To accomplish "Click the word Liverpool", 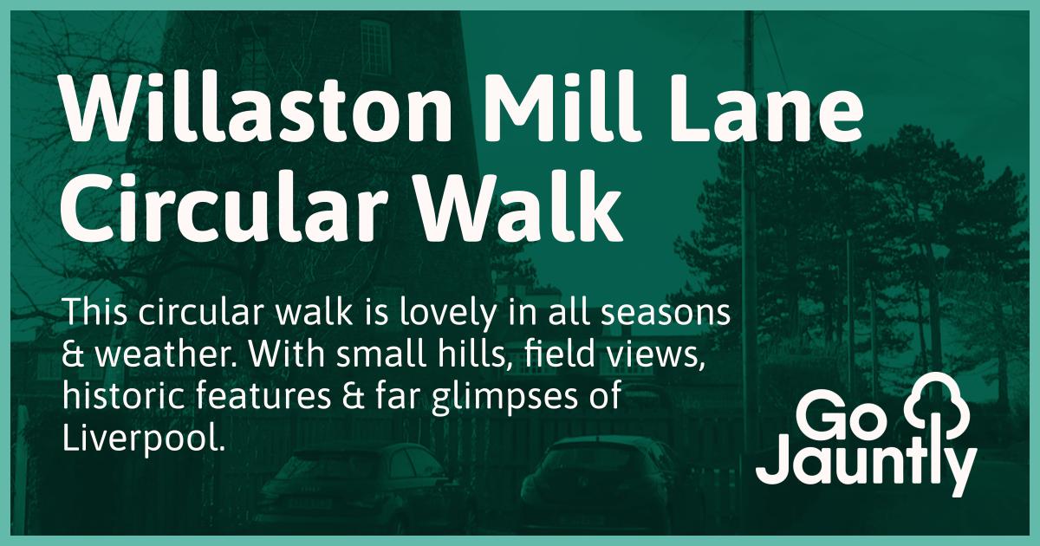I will [x=143, y=439].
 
